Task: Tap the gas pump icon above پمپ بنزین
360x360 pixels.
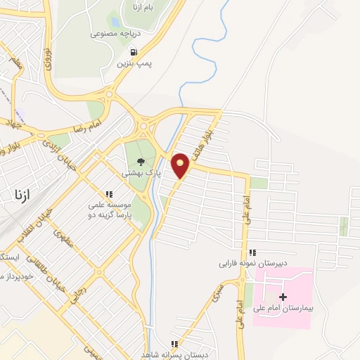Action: pyautogui.click(x=132, y=51)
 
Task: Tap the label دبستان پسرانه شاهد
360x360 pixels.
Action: pyautogui.click(x=175, y=354)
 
